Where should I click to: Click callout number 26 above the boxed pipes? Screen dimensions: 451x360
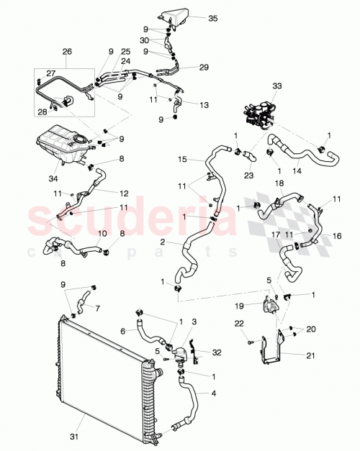[x=68, y=52]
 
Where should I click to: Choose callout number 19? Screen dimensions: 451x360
[x=258, y=306]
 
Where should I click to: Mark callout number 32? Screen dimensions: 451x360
[x=217, y=352]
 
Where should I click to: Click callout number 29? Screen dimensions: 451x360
[x=204, y=67]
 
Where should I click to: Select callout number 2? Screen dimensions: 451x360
[x=164, y=242]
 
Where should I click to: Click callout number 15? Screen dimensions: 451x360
[x=183, y=158]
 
